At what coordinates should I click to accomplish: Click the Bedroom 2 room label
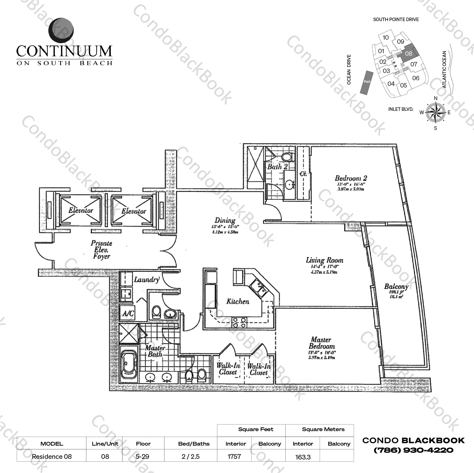point(351,178)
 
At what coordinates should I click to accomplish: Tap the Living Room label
point(324,260)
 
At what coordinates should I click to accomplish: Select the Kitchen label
point(238,301)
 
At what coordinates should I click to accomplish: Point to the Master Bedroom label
point(321,343)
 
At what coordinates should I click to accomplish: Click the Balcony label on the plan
point(396,286)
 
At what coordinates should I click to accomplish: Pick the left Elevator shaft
point(81,210)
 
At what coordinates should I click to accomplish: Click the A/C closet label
point(128,313)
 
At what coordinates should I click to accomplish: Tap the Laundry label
point(146,279)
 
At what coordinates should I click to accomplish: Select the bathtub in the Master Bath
point(129,363)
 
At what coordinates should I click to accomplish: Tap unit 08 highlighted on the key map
point(408,53)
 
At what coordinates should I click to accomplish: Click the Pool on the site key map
point(367,82)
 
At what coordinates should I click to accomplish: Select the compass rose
point(436,113)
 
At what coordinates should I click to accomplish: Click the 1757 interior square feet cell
point(234,456)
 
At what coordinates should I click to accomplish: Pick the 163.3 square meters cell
point(303,457)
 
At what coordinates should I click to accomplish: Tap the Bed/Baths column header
point(194,444)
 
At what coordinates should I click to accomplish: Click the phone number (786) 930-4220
point(413,450)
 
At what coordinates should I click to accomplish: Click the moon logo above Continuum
point(62,30)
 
